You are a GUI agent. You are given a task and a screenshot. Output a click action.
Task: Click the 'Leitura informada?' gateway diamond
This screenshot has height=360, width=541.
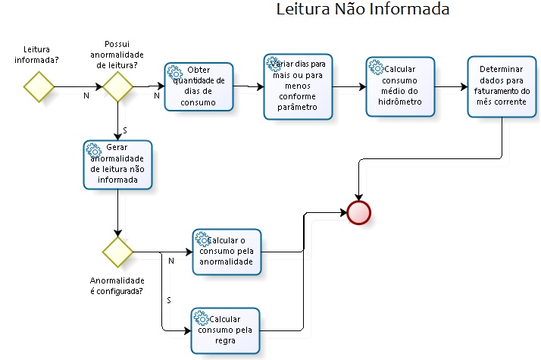[x=39, y=86]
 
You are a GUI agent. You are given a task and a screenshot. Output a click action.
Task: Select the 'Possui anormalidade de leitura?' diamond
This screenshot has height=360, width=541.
[x=118, y=86]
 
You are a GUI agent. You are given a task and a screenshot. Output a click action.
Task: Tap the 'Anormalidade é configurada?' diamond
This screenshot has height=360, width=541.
[x=118, y=252]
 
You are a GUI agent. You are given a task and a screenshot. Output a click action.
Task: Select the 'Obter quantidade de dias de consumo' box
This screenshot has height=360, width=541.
[x=199, y=87]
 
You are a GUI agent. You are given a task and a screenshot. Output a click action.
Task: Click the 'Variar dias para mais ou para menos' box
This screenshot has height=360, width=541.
[x=299, y=86]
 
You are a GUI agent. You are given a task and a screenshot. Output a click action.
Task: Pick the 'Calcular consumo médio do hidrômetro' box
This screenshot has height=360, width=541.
[x=400, y=86]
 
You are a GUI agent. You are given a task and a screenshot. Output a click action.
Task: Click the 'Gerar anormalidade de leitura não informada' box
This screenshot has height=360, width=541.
[x=118, y=164]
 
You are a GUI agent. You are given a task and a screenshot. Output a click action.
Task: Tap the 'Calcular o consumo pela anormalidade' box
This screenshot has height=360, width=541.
[x=226, y=252]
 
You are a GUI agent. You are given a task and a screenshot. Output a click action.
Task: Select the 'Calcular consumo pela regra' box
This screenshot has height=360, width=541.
[x=226, y=330]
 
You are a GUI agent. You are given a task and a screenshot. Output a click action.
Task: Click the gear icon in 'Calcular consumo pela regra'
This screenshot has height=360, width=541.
[x=202, y=317]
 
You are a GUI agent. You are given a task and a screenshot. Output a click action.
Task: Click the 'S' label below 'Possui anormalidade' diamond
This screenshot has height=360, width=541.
[x=124, y=130]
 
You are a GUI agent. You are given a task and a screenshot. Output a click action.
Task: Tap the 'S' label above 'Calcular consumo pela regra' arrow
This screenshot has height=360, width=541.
[x=168, y=301]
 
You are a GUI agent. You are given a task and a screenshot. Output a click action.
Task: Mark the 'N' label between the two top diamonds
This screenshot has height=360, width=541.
[x=86, y=96]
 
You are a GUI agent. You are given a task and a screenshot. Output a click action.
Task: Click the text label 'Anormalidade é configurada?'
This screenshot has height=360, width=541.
[x=117, y=286]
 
